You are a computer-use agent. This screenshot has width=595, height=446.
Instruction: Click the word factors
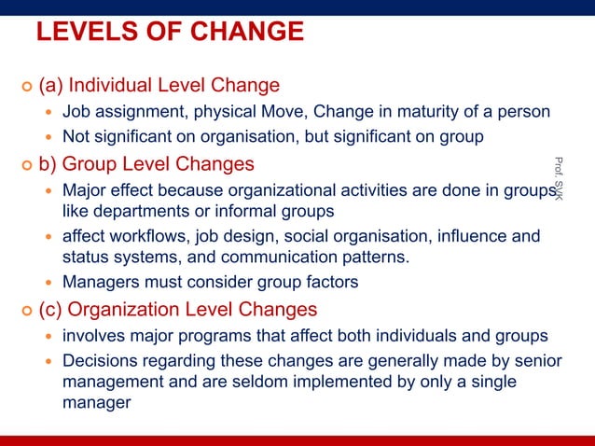327,281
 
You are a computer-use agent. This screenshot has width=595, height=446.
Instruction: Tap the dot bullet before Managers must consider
50,282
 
